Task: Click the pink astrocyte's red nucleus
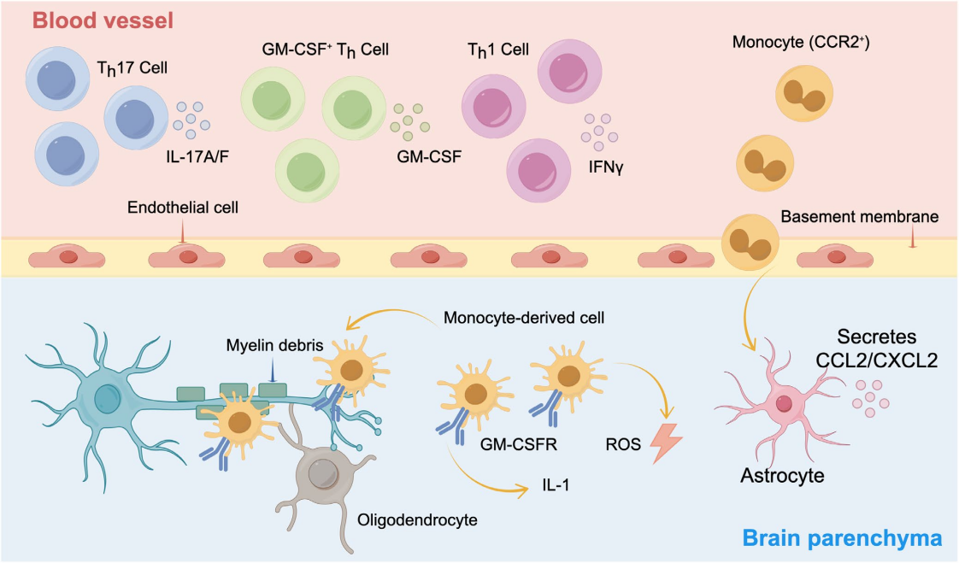782,403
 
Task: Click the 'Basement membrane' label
860,217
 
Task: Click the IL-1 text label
555,486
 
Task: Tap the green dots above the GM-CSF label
408,123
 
